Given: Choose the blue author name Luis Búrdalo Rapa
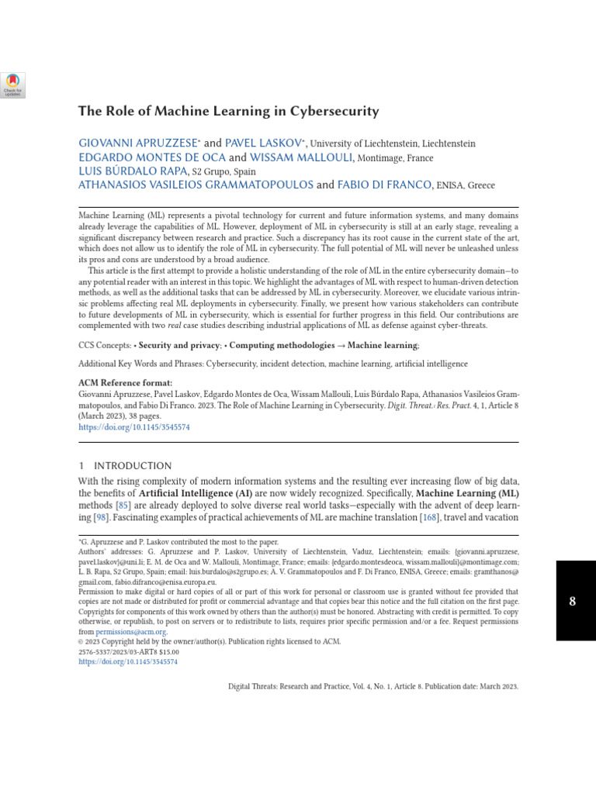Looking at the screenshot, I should tap(133, 171).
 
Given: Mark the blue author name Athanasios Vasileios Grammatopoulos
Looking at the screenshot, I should tap(196, 185).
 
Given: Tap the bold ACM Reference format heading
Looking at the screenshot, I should tap(125, 383).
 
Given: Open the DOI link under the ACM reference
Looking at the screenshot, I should tap(134, 426).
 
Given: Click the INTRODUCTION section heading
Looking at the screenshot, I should tap(132, 466).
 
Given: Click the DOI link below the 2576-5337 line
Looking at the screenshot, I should tap(128, 662).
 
